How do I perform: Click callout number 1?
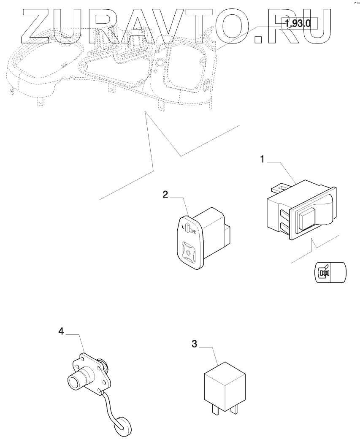[262, 160]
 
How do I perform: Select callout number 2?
[166, 194]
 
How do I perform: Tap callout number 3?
[195, 344]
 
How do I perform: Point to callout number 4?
[61, 332]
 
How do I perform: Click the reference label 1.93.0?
[298, 24]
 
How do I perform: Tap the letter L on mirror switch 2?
[183, 227]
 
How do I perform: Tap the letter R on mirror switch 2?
[194, 232]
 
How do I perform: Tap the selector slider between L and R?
[189, 230]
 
